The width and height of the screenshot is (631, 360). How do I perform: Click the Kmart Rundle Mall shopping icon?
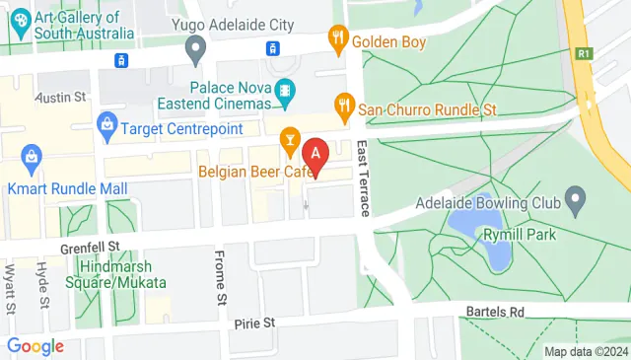[x=33, y=156]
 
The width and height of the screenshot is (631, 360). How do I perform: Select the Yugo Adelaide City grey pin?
[x=196, y=45]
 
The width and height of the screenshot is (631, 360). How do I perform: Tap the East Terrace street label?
[x=363, y=178]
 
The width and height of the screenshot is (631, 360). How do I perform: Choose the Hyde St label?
[x=43, y=284]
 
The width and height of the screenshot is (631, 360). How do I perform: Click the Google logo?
[x=35, y=345]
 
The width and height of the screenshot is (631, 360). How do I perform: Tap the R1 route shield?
[x=585, y=55]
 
